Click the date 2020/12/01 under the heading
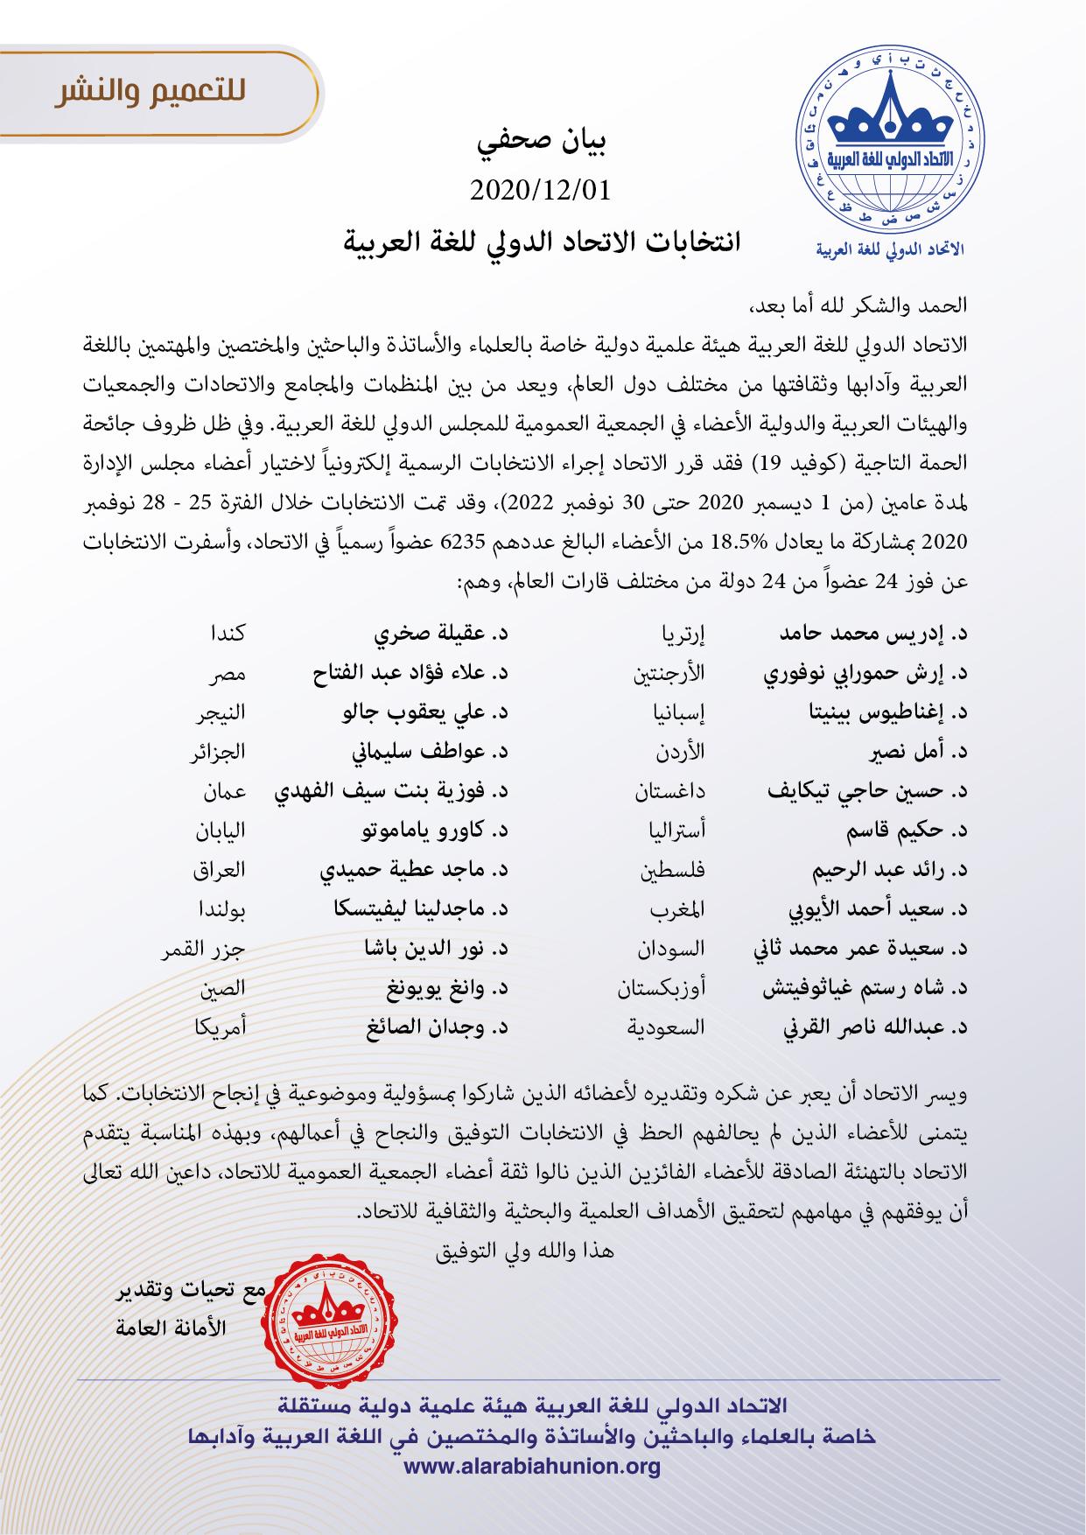(x=539, y=189)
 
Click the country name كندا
(x=228, y=632)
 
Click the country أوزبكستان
(x=662, y=989)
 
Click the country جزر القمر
(x=203, y=949)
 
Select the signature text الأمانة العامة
(x=172, y=1328)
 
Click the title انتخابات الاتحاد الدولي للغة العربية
(x=543, y=240)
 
